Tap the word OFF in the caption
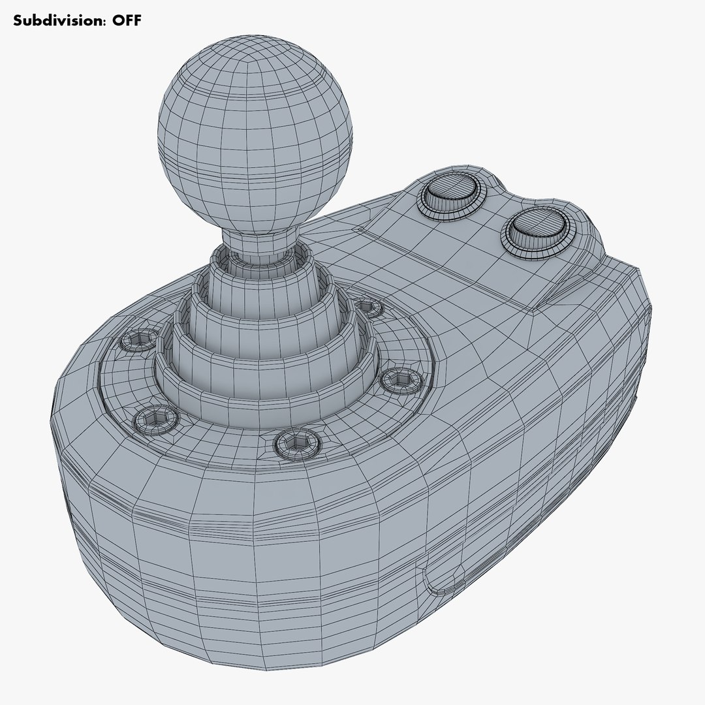[x=125, y=20]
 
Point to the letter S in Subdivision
[x=18, y=20]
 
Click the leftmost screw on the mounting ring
[x=140, y=339]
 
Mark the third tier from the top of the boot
[x=261, y=339]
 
